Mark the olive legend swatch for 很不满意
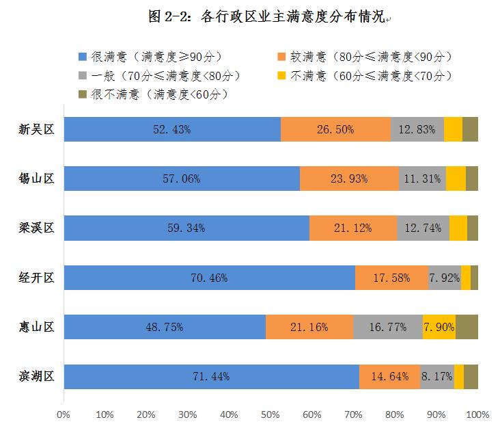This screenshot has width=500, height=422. click(83, 93)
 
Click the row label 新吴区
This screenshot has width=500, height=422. click(36, 129)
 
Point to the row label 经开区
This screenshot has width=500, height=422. click(36, 278)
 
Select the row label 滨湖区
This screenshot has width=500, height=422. click(36, 376)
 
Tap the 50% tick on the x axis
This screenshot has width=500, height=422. click(270, 414)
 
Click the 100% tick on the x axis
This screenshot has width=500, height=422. click(477, 414)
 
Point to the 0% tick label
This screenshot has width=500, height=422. click(64, 414)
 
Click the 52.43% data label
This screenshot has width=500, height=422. click(173, 129)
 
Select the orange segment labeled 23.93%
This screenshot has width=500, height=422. click(350, 179)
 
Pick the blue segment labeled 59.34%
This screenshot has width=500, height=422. click(186, 228)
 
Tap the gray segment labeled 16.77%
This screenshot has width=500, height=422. click(388, 327)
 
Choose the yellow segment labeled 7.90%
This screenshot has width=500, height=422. click(439, 327)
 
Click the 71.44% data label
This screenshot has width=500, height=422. click(211, 376)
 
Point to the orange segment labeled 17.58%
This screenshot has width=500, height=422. click(391, 278)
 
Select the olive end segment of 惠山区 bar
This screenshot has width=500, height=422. click(467, 327)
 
